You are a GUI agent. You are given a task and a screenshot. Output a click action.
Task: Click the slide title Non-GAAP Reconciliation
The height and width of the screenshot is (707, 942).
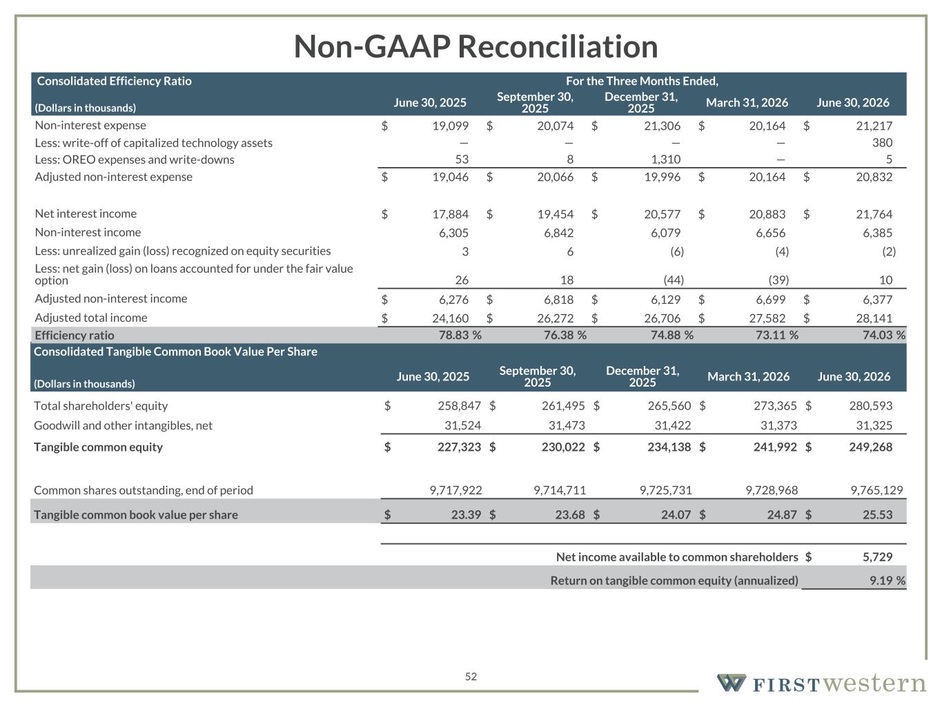point(475,46)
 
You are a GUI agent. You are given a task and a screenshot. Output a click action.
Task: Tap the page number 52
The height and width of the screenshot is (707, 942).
point(471,677)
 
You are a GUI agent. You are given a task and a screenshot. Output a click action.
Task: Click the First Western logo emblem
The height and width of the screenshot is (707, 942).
point(731,683)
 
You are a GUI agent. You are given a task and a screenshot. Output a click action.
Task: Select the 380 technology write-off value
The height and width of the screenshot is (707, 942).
point(882,142)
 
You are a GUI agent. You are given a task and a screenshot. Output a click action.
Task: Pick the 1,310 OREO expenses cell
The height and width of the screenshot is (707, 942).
point(666,159)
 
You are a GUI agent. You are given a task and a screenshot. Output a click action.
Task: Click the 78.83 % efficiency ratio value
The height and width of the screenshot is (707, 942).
point(460,335)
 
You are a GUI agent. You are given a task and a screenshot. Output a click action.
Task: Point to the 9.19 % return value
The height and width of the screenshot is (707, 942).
point(887,581)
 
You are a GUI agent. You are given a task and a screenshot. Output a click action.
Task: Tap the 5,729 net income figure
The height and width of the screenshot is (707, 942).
point(877,556)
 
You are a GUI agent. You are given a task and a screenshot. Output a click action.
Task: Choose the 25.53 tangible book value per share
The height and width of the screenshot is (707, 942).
point(877,514)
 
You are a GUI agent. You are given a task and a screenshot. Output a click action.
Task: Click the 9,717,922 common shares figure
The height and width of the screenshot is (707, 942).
point(455,490)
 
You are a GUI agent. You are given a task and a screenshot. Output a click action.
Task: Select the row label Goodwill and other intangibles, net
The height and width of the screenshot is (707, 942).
point(123,425)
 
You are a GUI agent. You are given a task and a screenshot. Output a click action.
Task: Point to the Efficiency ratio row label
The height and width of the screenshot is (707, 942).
point(75,336)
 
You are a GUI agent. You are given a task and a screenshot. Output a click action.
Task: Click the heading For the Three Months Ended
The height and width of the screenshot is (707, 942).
point(642,81)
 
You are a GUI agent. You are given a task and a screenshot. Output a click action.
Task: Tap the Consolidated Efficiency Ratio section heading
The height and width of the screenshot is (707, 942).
point(114,81)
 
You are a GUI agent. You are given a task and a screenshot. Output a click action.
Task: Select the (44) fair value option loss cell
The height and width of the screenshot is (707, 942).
point(674,280)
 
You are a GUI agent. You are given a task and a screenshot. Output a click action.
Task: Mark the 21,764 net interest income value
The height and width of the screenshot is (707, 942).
point(874,214)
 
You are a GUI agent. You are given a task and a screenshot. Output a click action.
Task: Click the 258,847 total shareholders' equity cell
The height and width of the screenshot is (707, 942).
point(459,406)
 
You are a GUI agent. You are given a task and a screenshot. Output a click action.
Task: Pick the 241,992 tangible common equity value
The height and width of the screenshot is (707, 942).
point(775,447)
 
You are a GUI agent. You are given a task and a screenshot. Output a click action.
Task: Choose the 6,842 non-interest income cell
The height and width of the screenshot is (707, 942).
point(559,233)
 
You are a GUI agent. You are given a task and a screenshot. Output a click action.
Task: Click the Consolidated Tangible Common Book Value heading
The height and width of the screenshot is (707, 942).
point(175,351)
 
